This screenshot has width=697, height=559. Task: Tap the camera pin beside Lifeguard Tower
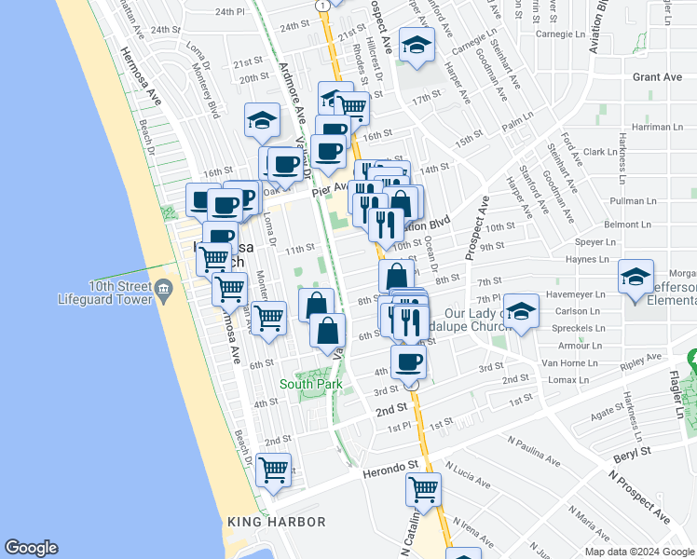point(164,290)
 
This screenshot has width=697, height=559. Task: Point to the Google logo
point(32,547)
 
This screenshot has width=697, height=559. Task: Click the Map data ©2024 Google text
point(638,552)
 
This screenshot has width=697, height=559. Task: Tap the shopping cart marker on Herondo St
point(423,488)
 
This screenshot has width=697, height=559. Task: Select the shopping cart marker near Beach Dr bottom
point(274,469)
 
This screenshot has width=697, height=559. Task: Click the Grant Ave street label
point(659,77)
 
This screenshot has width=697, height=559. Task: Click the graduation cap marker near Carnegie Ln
point(417,44)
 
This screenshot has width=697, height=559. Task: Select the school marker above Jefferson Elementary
point(635,277)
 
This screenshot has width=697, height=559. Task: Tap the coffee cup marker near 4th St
point(407,361)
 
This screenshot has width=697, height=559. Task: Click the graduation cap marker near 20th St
point(263,118)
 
